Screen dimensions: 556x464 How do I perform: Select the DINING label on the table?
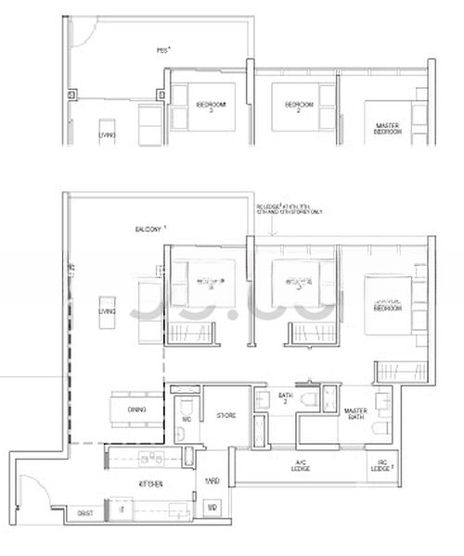pos(138,408)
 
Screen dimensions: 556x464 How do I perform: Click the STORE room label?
pos(226,416)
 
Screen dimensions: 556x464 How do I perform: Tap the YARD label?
pos(212,481)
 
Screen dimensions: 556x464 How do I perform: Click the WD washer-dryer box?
pos(212,508)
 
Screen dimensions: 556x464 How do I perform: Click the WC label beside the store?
pos(187,419)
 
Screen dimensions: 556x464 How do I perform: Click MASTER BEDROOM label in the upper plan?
pos(387,129)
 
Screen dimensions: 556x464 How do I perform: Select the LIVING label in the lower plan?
pos(108,312)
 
